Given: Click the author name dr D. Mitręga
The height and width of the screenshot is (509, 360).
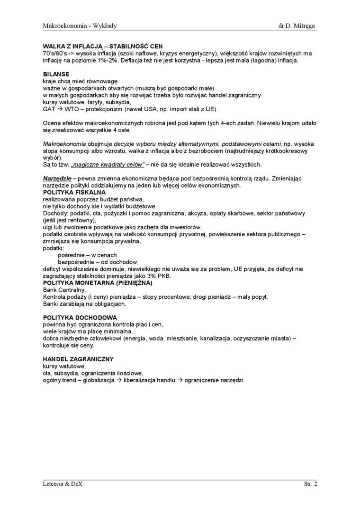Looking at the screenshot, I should pyautogui.click(x=297, y=25).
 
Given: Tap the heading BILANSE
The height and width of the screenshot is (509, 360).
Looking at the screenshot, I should pyautogui.click(x=56, y=74).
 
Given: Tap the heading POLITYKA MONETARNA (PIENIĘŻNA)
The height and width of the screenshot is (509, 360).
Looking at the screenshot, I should pyautogui.click(x=98, y=283).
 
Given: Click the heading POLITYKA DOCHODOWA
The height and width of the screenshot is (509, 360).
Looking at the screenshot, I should pyautogui.click(x=80, y=317).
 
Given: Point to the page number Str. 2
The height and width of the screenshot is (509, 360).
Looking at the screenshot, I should pyautogui.click(x=310, y=484).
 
